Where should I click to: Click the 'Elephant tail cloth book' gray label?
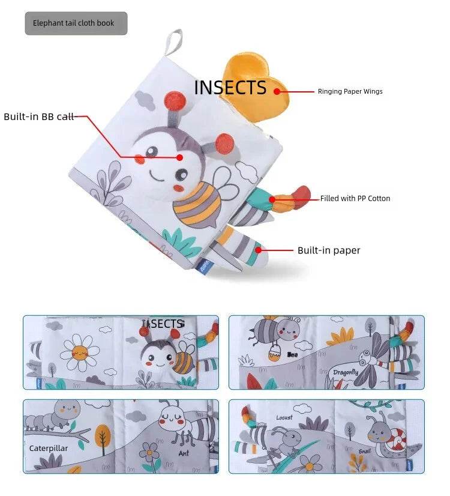click(76, 23)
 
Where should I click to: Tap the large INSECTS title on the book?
click(230, 88)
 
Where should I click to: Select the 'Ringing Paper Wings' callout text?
click(350, 92)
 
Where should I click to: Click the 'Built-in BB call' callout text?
click(38, 116)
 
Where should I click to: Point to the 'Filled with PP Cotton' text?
click(355, 198)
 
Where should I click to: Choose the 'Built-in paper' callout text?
click(329, 250)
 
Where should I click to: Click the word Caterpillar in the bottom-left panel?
click(48, 448)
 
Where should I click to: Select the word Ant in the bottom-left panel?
click(184, 453)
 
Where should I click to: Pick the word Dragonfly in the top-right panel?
click(346, 372)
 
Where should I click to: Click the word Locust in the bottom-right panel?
click(284, 417)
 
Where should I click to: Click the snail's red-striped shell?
click(397, 443)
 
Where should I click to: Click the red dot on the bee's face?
click(180, 157)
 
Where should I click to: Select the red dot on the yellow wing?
click(277, 91)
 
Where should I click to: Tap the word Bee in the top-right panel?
click(293, 354)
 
